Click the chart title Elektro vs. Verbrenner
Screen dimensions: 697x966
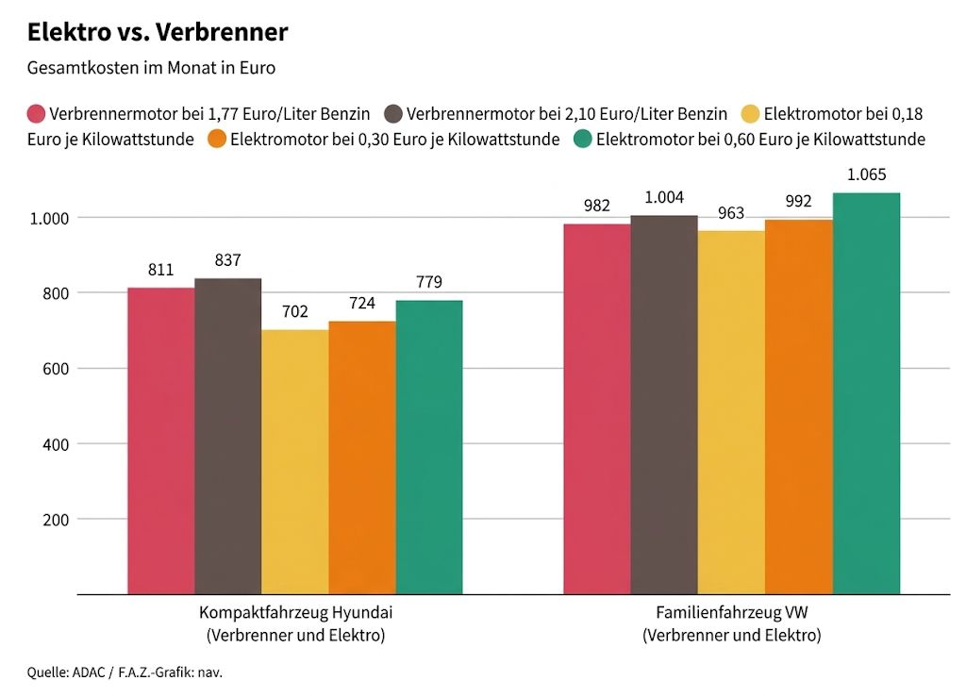158,32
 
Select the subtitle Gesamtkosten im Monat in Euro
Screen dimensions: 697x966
151,68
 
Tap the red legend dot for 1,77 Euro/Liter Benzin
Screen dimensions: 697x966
36,114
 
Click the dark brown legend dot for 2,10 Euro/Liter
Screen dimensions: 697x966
393,114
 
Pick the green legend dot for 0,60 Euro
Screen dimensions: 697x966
583,140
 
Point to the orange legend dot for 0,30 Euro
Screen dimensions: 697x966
216,140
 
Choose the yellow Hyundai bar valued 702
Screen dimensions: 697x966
294,462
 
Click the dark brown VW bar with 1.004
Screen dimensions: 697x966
664,406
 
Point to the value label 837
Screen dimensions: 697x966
227,260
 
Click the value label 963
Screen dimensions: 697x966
731,213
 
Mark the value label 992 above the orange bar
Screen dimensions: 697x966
798,201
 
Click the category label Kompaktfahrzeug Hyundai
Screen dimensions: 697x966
295,612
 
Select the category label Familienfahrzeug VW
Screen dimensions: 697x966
731,612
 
